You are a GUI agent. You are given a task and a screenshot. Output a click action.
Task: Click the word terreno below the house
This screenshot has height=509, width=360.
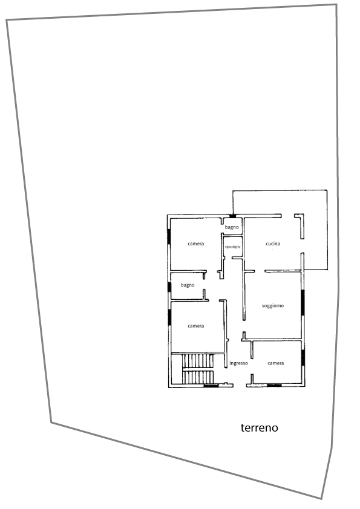tap(260, 427)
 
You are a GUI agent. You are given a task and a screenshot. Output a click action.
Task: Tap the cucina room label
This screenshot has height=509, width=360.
tap(273, 244)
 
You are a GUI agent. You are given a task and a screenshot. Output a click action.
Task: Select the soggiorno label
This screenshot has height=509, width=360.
tap(273, 306)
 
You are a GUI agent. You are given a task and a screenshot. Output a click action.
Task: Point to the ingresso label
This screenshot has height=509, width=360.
tap(238, 363)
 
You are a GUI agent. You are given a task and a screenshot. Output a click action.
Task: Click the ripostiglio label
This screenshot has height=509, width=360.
tap(232, 247)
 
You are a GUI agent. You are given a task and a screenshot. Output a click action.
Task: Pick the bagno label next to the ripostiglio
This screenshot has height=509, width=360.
tap(232, 227)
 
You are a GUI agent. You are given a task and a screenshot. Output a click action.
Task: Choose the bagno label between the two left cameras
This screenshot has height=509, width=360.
tap(188, 285)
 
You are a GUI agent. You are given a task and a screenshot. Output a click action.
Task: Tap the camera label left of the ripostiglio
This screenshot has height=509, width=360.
tap(196, 244)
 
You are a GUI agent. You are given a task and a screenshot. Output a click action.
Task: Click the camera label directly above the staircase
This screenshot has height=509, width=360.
tap(196, 326)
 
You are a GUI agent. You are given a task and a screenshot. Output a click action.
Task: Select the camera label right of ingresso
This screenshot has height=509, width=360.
tap(276, 363)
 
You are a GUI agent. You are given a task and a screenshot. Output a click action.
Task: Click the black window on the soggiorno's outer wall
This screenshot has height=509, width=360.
tap(303, 302)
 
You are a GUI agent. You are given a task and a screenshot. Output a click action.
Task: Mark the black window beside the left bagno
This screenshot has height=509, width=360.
tap(169, 287)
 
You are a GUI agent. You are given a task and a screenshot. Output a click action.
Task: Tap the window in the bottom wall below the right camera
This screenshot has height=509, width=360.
tap(274, 385)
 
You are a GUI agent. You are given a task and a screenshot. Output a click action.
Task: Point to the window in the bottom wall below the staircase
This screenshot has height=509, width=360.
tap(211, 386)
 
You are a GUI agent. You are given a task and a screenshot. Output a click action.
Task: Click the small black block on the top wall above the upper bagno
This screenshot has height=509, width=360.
tap(232, 216)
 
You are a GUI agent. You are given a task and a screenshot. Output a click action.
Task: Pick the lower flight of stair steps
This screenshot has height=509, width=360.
tap(198, 377)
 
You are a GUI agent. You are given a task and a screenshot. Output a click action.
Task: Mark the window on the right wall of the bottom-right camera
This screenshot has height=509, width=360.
tap(303, 357)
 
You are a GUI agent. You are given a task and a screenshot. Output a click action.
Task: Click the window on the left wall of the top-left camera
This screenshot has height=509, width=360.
tap(169, 236)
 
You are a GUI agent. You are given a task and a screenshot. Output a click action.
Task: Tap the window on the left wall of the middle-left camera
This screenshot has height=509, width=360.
tap(169, 317)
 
